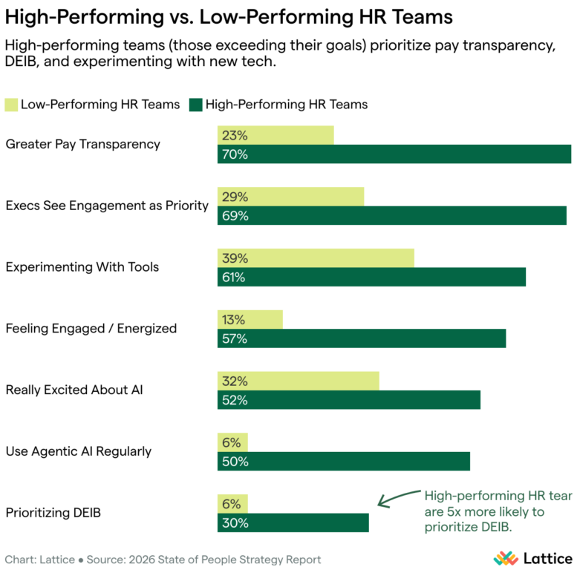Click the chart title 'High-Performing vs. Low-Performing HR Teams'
coord(228,16)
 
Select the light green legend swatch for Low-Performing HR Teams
coord(12,105)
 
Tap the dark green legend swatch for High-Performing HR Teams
coord(196,105)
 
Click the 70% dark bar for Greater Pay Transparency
coord(394,154)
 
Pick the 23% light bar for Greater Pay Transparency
coord(276,136)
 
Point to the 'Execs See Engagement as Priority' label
coord(107,206)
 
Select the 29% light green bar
coord(290,197)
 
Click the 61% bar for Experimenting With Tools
coord(371,278)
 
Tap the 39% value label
coord(233,258)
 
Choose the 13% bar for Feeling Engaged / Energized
coord(250,320)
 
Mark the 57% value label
coord(233,339)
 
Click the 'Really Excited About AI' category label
coord(74,390)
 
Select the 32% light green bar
coord(298,381)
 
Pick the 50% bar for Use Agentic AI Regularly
coord(343,462)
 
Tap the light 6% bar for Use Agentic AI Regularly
coord(232,443)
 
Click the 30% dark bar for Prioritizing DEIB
coord(293,523)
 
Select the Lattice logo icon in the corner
coord(506,557)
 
